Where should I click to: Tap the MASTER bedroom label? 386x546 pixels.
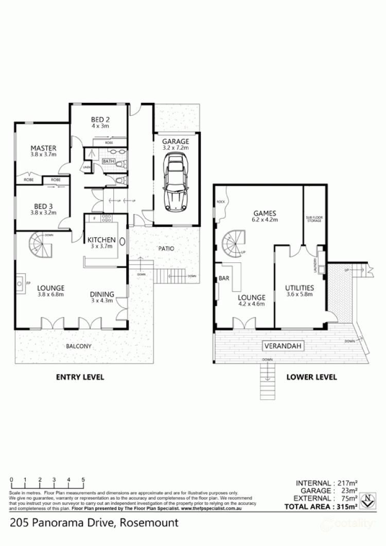[43, 147]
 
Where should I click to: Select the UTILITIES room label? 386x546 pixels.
[300, 288]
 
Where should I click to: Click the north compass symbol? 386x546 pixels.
[367, 499]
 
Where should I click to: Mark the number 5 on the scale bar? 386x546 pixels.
[83, 480]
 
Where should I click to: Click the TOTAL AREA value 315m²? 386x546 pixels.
[345, 507]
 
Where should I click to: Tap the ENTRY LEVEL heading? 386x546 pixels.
[80, 377]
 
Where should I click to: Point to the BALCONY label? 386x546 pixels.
[79, 346]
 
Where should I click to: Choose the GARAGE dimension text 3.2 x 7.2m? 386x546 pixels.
[176, 148]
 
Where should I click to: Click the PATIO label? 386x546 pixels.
[166, 249]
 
